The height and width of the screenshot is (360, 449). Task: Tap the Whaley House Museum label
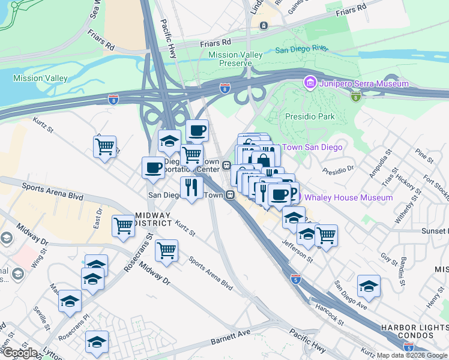tap(349, 197)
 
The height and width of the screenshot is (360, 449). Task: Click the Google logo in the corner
tap(20, 353)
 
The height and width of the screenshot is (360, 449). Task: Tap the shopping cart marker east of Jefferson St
tap(326, 235)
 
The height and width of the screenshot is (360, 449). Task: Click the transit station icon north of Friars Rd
tap(263, 25)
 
